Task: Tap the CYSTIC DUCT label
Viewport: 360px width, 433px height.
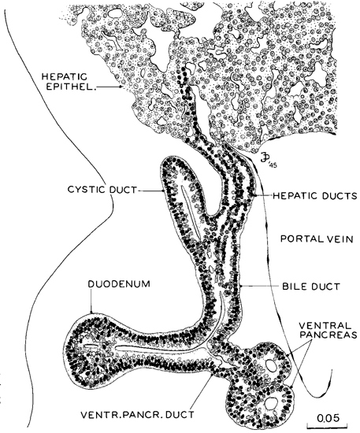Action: (x=102, y=191)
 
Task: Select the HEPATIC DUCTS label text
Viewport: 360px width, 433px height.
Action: (x=315, y=196)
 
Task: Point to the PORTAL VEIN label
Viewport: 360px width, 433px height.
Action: (x=317, y=239)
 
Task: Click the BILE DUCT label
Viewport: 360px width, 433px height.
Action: (x=311, y=287)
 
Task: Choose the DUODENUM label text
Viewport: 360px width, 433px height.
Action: (x=119, y=284)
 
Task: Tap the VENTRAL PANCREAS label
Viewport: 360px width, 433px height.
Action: (x=328, y=330)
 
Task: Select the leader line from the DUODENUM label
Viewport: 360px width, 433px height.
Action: (x=90, y=302)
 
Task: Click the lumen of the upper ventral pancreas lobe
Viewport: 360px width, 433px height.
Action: (x=271, y=365)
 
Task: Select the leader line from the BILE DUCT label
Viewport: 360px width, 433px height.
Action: (x=260, y=287)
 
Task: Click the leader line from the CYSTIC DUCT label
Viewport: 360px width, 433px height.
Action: (x=150, y=191)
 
